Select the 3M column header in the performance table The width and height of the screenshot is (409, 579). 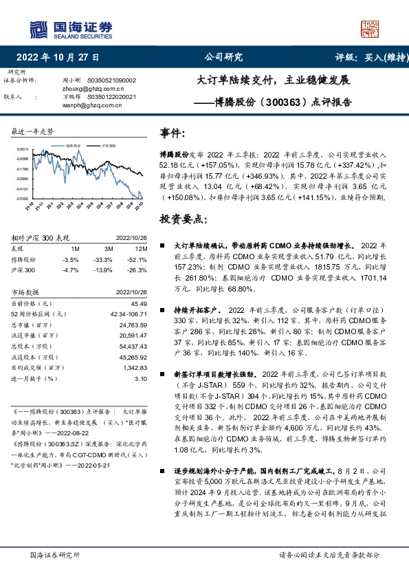(109, 248)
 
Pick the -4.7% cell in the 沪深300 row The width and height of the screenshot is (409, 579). (71, 270)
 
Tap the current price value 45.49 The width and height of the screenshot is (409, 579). (139, 303)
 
